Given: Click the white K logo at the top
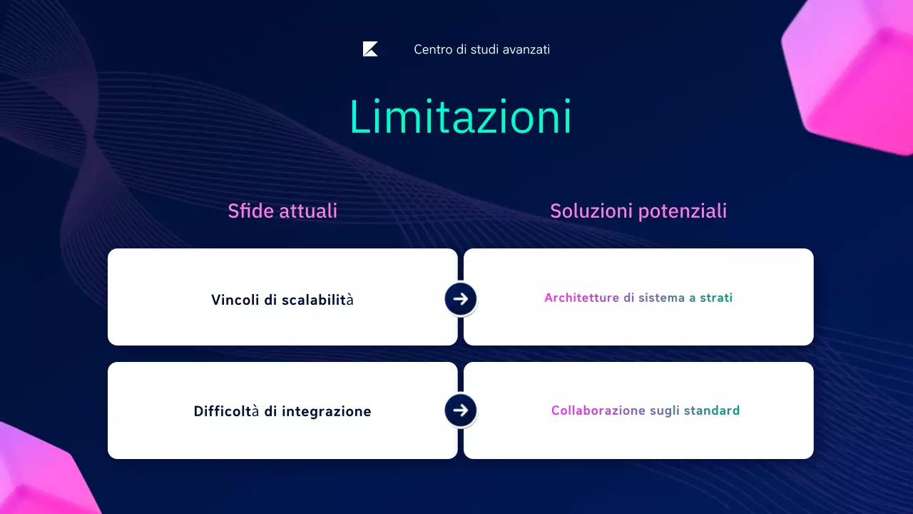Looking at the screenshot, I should tap(370, 49).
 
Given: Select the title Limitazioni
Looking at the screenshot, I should tap(460, 117).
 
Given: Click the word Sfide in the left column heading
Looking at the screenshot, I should tap(248, 211).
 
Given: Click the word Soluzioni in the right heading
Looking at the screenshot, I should tap(591, 211).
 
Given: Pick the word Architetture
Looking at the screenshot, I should tap(581, 298).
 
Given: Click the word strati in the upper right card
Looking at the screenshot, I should tap(716, 298).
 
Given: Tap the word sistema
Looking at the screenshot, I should tap(661, 298).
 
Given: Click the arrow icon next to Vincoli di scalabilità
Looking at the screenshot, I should tap(460, 298).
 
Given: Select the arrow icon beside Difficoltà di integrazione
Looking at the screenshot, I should tap(460, 410).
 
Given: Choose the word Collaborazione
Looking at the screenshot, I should tap(598, 410).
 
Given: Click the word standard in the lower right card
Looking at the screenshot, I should tap(712, 410).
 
